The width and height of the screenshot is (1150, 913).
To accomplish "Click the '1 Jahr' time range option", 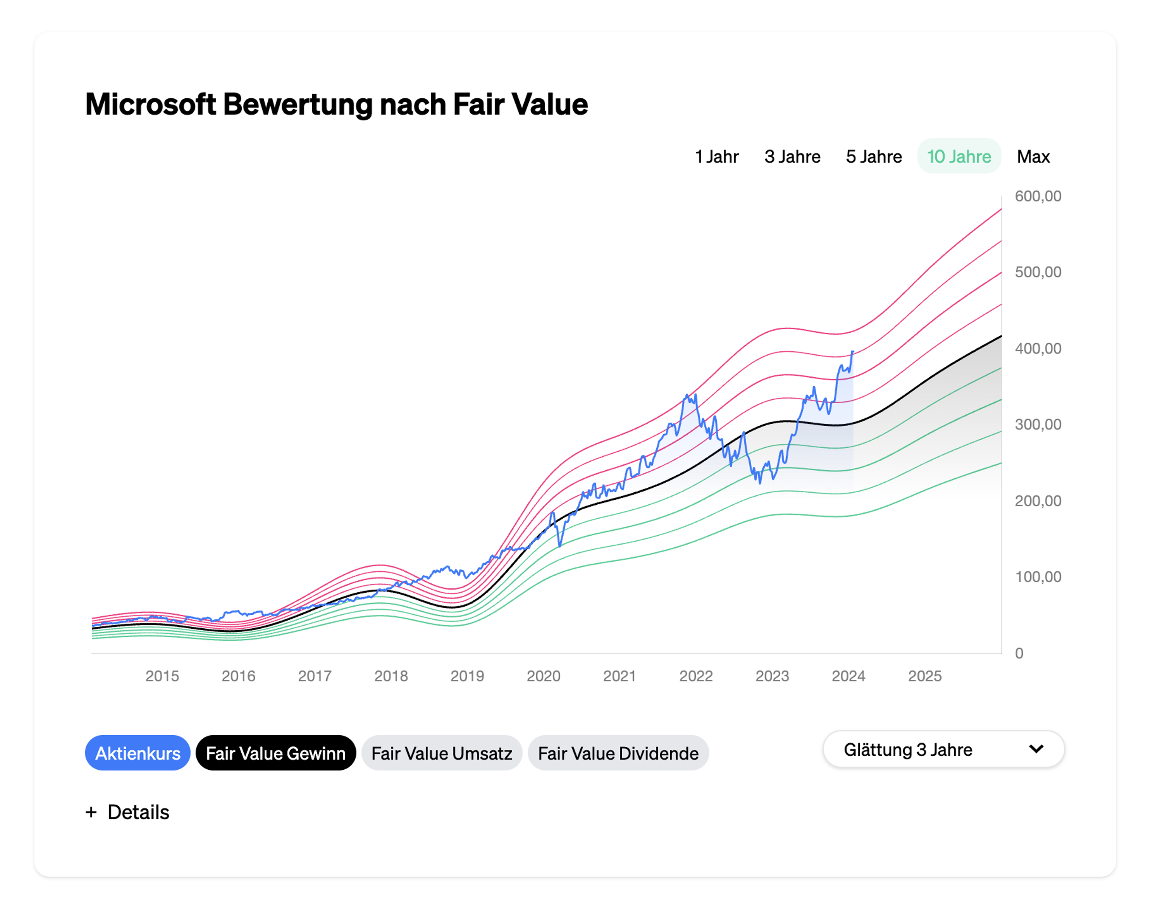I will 717,157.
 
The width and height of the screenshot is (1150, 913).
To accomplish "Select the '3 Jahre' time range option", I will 792,157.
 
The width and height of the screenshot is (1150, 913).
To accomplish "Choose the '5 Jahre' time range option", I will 874,157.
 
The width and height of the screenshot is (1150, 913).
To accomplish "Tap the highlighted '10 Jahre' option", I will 959,157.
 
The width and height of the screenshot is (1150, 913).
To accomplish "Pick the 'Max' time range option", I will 1033,157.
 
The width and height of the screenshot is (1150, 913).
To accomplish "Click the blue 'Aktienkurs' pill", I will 137,753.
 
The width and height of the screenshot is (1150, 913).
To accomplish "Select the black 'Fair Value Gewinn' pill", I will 275,753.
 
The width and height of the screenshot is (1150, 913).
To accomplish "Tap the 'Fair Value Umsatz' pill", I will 441,753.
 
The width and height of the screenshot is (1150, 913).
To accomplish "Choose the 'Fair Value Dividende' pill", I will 618,753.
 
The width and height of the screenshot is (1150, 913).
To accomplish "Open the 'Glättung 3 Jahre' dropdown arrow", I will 1036,749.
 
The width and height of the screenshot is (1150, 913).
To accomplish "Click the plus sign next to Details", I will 91,812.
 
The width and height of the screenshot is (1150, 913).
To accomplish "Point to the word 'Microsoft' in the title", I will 151,104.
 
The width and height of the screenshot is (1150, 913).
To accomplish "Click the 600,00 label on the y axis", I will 1037,196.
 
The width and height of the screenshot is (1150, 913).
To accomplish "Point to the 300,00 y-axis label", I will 1037,424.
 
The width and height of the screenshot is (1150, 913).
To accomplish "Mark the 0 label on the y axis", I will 1019,653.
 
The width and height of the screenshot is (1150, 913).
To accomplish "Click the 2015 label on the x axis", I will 162,676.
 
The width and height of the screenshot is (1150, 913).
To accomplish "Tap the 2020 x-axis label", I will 543,676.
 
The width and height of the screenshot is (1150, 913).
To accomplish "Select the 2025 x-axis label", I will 924,676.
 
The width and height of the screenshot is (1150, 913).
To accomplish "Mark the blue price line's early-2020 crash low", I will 560,546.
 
